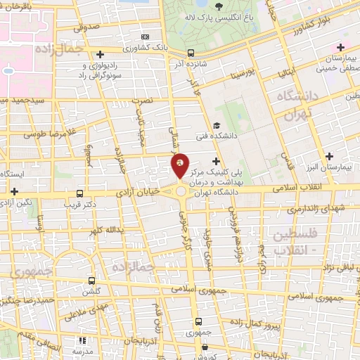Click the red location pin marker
click(180, 165)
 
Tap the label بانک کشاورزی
click(145, 49)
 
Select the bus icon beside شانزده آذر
click(191, 53)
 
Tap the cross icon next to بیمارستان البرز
click(329, 156)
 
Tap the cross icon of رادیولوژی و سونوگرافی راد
click(101, 54)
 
